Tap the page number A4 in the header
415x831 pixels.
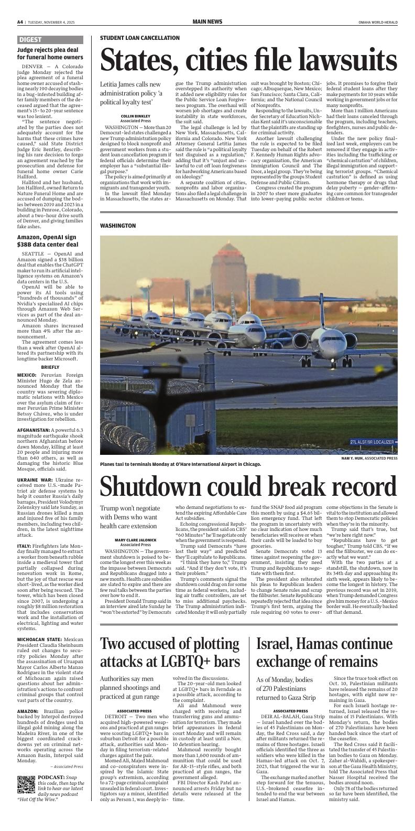20,22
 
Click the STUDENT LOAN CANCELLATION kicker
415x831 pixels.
139,38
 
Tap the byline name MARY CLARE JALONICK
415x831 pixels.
136,540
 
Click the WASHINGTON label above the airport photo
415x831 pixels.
118,226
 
